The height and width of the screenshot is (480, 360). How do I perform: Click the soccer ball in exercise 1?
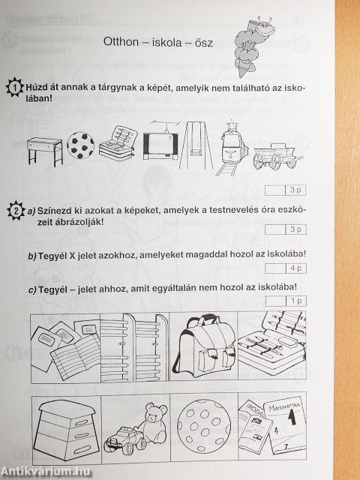(81, 145)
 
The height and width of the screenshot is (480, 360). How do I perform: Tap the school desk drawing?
(45, 151)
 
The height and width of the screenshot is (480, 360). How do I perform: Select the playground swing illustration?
(196, 145)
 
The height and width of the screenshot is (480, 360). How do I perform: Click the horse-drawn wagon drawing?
(277, 157)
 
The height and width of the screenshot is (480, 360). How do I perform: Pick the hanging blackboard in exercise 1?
(161, 140)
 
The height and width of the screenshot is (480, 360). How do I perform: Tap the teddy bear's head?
(155, 412)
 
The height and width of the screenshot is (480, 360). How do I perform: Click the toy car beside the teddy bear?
(125, 439)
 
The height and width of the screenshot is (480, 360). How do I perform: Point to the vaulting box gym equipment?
(66, 430)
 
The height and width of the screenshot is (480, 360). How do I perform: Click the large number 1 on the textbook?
(292, 417)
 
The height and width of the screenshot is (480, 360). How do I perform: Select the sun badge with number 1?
(15, 88)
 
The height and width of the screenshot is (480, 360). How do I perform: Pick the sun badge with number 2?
(16, 210)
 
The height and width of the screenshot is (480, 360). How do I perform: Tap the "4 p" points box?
(286, 268)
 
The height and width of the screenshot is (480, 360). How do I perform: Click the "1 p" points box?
(286, 301)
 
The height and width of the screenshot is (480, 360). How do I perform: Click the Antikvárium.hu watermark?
(46, 472)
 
